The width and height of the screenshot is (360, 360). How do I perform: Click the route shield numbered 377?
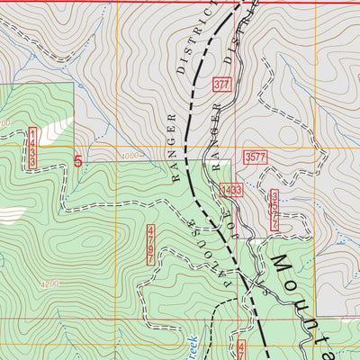click(222, 85)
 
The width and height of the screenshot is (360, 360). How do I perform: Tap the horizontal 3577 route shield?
click(256, 157)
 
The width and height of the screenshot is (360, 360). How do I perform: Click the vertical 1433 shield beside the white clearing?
click(32, 148)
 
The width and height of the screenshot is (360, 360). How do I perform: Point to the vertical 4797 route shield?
click(149, 245)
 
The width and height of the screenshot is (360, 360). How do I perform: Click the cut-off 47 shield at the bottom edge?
click(241, 350)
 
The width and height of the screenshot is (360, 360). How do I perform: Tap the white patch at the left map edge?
click(11, 214)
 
